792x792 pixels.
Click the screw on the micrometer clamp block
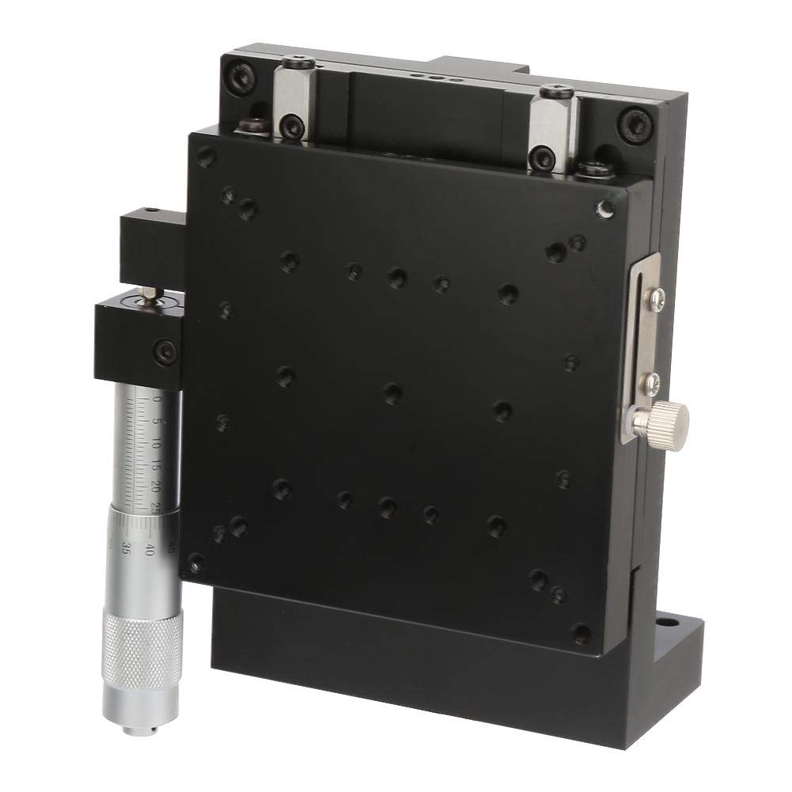[x=165, y=351]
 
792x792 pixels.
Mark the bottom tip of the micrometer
[x=140, y=729]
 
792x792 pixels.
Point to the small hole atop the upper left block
[x=152, y=212]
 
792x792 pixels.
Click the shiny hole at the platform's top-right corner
[x=605, y=208]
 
